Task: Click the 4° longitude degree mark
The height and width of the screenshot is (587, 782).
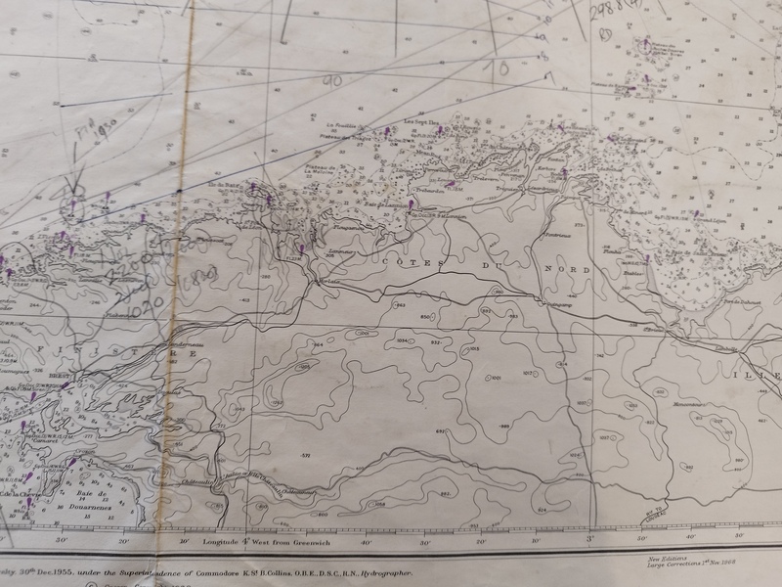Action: (246, 540)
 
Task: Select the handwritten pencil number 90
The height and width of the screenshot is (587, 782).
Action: (332, 81)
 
